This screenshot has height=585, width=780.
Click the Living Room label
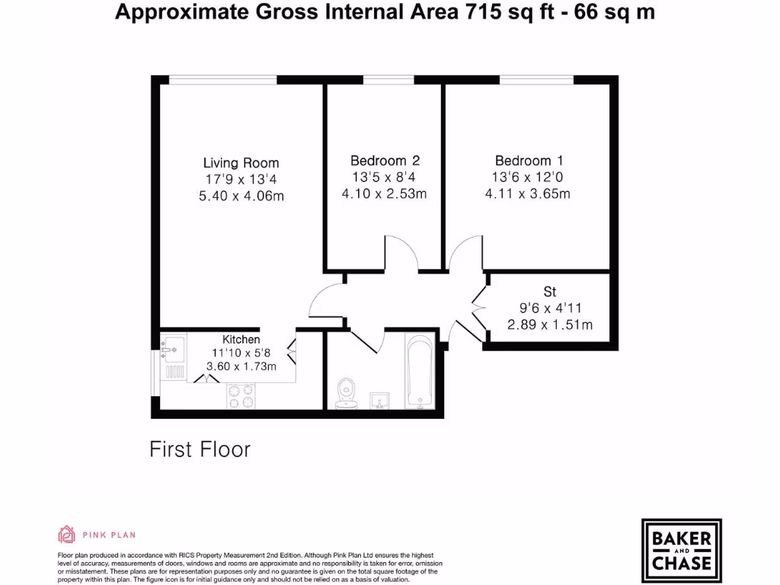pyautogui.click(x=241, y=163)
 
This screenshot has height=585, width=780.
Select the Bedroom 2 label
pyautogui.click(x=385, y=161)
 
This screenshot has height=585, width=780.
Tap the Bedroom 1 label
pyautogui.click(x=529, y=161)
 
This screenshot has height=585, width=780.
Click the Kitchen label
pyautogui.click(x=241, y=339)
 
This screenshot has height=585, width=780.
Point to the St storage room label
pyautogui.click(x=550, y=292)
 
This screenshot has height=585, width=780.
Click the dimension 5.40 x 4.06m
pyautogui.click(x=241, y=197)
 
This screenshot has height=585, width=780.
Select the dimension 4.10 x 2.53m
pyautogui.click(x=385, y=193)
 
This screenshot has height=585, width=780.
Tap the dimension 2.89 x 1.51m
pyautogui.click(x=550, y=325)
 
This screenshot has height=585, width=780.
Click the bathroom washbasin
pyautogui.click(x=379, y=401)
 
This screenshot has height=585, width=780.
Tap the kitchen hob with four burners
pyautogui.click(x=241, y=396)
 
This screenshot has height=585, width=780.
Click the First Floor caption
pyautogui.click(x=200, y=449)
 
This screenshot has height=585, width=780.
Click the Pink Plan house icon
pyautogui.click(x=67, y=534)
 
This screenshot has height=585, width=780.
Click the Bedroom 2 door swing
pyautogui.click(x=401, y=254)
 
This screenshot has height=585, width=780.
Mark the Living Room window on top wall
pyautogui.click(x=222, y=79)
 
